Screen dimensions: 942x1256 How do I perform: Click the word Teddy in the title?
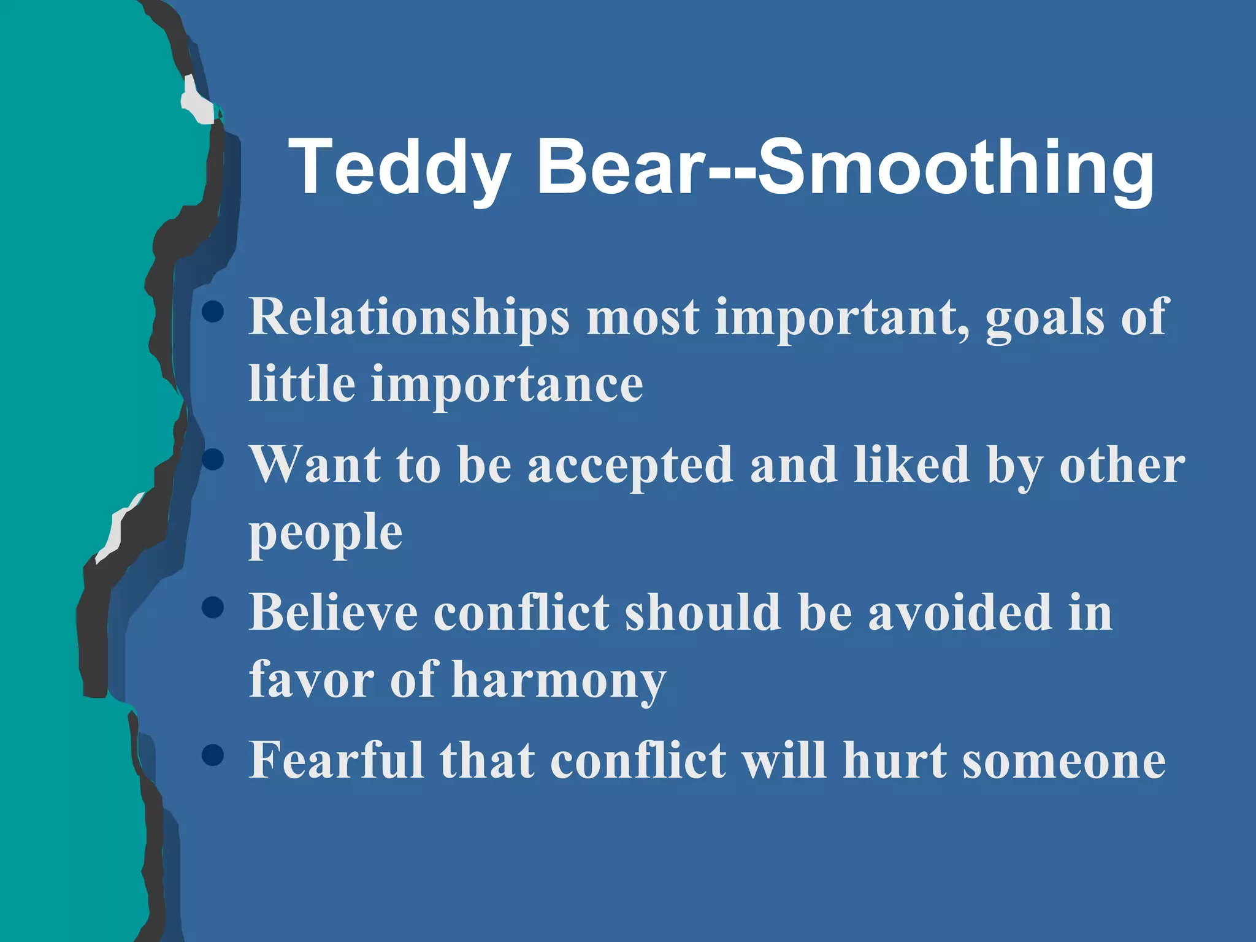pos(399,167)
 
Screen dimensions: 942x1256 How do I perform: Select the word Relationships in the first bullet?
pos(409,318)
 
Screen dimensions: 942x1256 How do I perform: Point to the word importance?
pos(507,384)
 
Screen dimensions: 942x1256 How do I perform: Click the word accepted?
pos(630,465)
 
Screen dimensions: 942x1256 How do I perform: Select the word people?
pos(325,532)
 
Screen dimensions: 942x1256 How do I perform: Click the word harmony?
pos(559,680)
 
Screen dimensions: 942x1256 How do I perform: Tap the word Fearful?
pos(336,760)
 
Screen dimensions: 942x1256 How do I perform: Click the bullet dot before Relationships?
pos(213,310)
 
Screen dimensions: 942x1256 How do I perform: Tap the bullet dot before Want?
pos(213,459)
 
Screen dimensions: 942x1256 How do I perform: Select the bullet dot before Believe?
pos(213,607)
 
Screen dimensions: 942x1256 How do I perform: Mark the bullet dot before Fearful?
pos(213,754)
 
